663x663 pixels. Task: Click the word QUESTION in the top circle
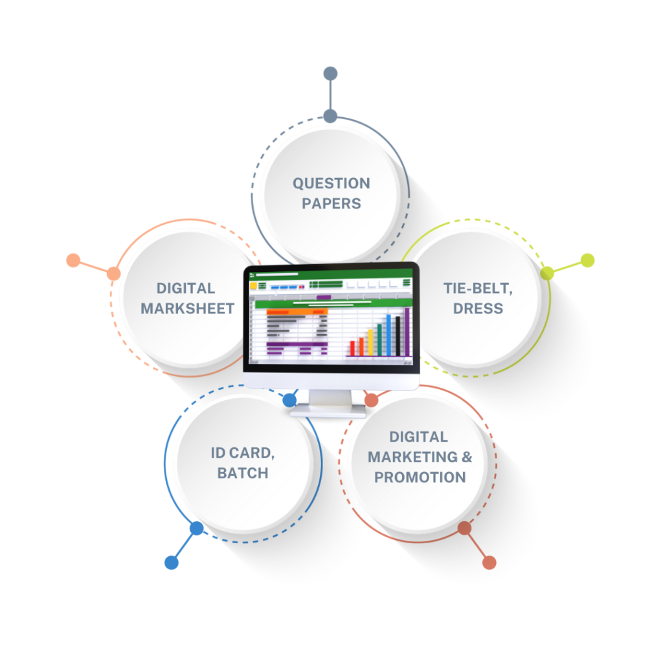pos(331,183)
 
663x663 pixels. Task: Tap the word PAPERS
pos(331,203)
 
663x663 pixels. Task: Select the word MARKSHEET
pos(187,308)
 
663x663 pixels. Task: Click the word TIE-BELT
pos(478,288)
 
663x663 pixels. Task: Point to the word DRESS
pos(478,308)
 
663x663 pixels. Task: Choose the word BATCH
pos(242,473)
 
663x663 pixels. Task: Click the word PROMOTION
pos(420,477)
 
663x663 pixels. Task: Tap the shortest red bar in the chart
pos(352,348)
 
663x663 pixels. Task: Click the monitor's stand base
pos(328,409)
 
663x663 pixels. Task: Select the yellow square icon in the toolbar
pos(254,285)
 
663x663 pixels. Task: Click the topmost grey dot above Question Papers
pos(330,74)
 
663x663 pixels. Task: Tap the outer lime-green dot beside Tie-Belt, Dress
pos(587,260)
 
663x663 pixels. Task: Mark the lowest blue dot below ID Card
pos(172,562)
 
